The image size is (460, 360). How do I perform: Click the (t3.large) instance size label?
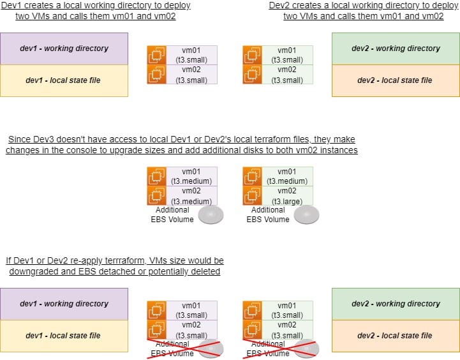pos(286,200)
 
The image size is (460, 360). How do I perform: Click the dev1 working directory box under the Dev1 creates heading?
pos(64,49)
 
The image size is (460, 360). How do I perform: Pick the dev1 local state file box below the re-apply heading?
pos(64,336)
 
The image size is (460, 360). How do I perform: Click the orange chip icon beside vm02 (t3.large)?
pos(253,196)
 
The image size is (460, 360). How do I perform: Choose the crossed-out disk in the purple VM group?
pos(211,348)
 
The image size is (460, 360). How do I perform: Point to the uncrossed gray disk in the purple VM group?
pos(210,215)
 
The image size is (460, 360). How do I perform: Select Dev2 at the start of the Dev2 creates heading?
pos(279,6)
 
